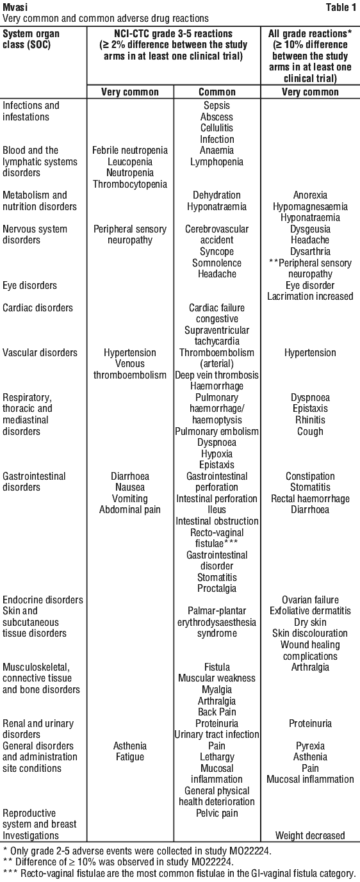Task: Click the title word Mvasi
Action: (x=15, y=6)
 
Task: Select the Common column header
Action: (x=217, y=92)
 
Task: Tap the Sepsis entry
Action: (x=217, y=106)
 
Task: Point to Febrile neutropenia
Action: (x=130, y=151)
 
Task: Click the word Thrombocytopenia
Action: (x=130, y=184)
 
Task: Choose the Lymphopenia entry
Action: (x=217, y=162)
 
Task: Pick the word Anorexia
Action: (x=310, y=195)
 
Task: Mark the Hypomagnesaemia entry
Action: (x=310, y=207)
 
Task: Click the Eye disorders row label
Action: (x=29, y=286)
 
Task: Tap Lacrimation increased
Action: (x=310, y=297)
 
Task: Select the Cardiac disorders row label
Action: (x=38, y=308)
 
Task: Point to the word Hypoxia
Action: (x=217, y=454)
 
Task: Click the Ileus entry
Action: (x=217, y=510)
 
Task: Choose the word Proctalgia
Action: (x=217, y=589)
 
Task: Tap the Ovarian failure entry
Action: (x=310, y=600)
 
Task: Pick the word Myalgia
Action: (x=217, y=690)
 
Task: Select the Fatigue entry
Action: (x=130, y=757)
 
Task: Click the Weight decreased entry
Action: (x=310, y=835)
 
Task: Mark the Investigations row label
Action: (x=31, y=835)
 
